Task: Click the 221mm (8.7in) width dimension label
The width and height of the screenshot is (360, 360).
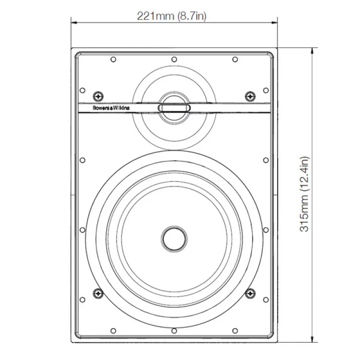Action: (x=172, y=16)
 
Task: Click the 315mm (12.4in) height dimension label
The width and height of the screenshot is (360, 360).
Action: (x=305, y=194)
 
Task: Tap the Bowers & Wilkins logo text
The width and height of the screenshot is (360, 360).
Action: (x=111, y=108)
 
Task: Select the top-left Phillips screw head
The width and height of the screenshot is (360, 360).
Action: (x=98, y=96)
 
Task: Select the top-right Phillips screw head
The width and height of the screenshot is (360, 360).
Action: (x=250, y=96)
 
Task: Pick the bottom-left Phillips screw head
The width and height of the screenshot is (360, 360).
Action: (x=98, y=293)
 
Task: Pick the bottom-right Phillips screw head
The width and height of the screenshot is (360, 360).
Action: (x=250, y=293)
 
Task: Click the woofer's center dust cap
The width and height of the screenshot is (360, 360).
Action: (x=174, y=239)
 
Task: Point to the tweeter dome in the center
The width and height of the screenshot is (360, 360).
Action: (x=174, y=108)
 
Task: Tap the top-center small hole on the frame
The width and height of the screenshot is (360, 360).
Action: (x=174, y=59)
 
